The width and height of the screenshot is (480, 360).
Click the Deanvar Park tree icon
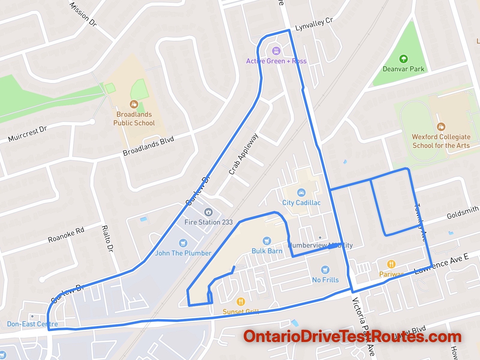click(x=403, y=58)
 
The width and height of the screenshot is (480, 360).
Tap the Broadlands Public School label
click(x=134, y=119)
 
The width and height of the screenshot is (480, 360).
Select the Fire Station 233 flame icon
click(x=208, y=212)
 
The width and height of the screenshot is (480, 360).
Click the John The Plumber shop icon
click(x=183, y=243)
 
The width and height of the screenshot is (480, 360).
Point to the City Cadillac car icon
click(x=301, y=193)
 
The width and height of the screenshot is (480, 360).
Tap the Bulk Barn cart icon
click(x=267, y=241)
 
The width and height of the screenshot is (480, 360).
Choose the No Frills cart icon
click(x=325, y=270)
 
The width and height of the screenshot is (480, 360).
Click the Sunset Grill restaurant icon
click(x=241, y=301)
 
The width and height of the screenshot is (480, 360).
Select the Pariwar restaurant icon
click(x=391, y=264)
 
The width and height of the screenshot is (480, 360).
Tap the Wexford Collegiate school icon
click(x=441, y=127)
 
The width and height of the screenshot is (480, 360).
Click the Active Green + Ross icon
click(x=276, y=51)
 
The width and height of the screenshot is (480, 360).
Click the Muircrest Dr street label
click(x=28, y=134)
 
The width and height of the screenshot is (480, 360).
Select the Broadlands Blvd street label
click(x=148, y=146)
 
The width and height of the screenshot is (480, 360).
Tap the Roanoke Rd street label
click(x=66, y=235)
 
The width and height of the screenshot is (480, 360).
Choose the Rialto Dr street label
click(x=107, y=238)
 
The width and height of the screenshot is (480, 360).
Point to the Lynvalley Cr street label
click(x=314, y=24)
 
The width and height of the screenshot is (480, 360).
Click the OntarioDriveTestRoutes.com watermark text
click(x=352, y=337)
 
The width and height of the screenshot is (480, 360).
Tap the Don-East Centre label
click(x=32, y=324)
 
